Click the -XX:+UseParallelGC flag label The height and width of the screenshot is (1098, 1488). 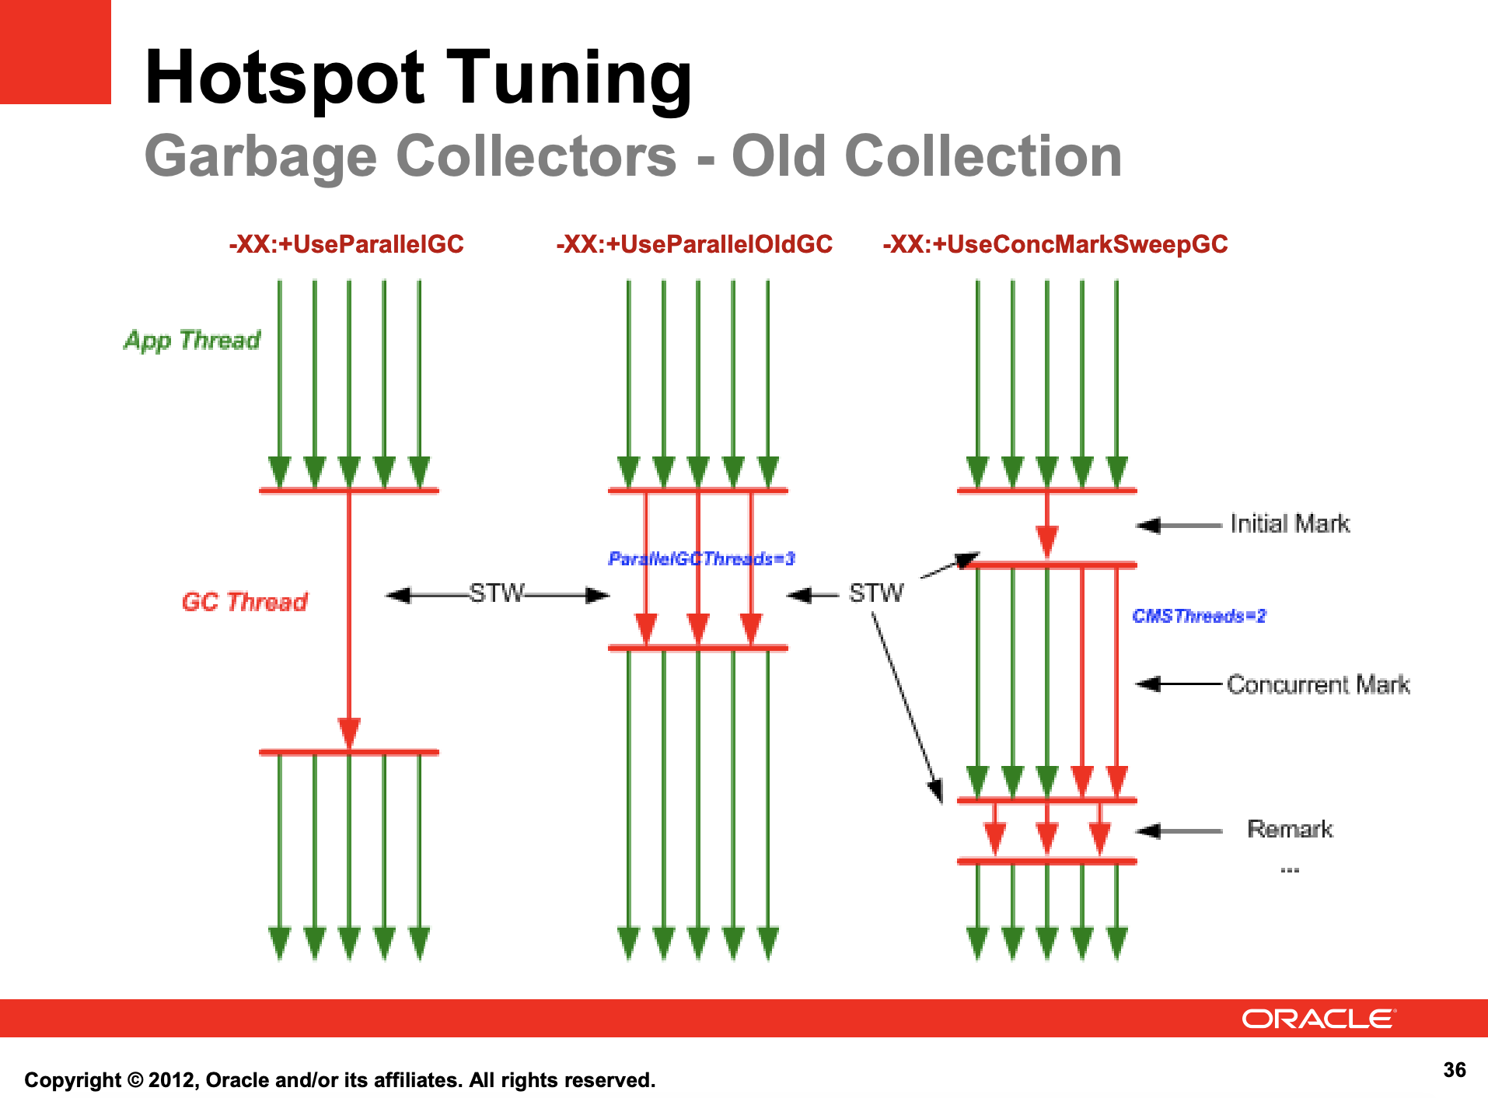(346, 244)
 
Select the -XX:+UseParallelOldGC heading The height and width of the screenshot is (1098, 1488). (694, 244)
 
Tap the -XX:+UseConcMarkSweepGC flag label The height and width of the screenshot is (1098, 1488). (1055, 244)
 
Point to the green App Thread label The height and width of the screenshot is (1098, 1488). (192, 341)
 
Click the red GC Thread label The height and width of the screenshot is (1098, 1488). (244, 602)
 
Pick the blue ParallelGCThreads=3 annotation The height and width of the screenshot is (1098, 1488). (701, 559)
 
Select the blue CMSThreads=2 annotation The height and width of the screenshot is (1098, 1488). (1199, 616)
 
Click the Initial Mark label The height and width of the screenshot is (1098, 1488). (1290, 524)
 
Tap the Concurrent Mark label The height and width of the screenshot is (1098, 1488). (1318, 684)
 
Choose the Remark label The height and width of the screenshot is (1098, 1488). (1290, 829)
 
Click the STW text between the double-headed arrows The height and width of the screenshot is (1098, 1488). (497, 593)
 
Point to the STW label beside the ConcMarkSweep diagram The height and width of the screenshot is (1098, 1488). (876, 593)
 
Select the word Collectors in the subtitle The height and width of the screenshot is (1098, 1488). (536, 156)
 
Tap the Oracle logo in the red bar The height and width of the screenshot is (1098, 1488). (1319, 1019)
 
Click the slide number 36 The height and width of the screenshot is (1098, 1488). (1455, 1070)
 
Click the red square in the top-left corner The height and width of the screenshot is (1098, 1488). (55, 51)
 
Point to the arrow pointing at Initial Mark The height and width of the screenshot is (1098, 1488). (1179, 526)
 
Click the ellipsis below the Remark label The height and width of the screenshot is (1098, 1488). (1290, 870)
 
